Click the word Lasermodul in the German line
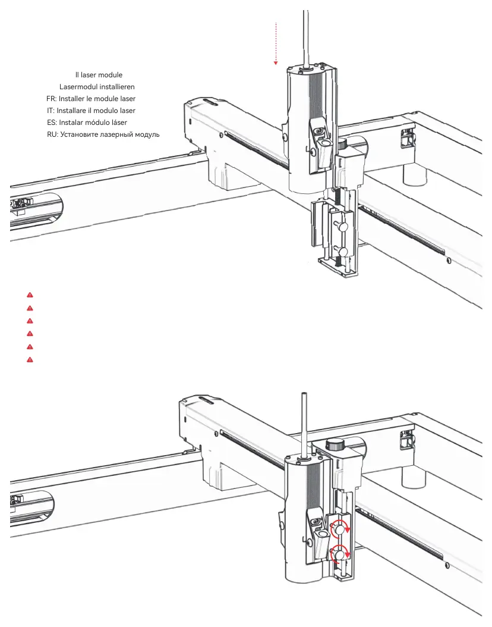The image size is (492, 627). click(78, 87)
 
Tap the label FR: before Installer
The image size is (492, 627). click(51, 99)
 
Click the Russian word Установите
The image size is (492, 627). click(80, 134)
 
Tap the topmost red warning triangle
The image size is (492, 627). click(30, 295)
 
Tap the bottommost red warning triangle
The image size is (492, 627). click(30, 360)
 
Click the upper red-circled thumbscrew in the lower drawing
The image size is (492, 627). click(339, 528)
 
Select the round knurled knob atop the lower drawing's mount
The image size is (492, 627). click(336, 444)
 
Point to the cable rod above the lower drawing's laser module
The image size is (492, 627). click(304, 422)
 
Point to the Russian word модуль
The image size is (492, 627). click(146, 134)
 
